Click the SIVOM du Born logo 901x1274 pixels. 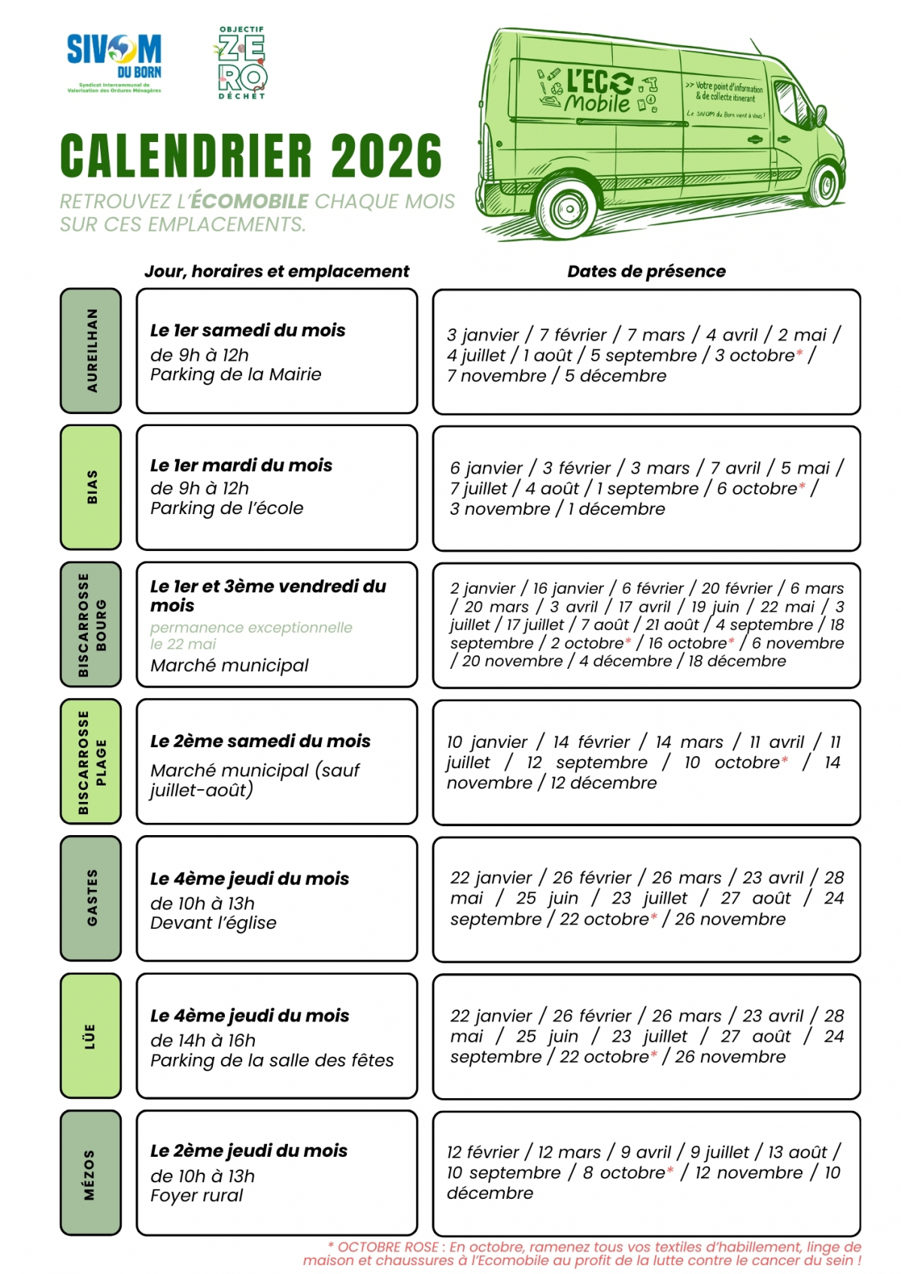(x=114, y=62)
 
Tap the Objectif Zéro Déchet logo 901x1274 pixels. (x=241, y=63)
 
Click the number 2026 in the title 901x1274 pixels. (x=386, y=156)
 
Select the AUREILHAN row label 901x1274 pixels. (x=91, y=350)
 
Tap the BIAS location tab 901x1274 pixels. (x=91, y=487)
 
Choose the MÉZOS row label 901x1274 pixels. (x=91, y=1173)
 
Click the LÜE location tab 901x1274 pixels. (x=91, y=1036)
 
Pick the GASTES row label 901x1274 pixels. (x=91, y=898)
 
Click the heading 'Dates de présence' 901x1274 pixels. (x=646, y=271)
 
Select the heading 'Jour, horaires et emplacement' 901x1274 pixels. (x=277, y=271)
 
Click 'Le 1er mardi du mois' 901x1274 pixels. (x=241, y=465)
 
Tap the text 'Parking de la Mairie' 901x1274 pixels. (x=235, y=374)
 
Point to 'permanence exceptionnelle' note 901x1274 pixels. (x=251, y=628)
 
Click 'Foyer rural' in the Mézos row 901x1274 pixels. (x=196, y=1195)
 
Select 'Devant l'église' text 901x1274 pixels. (x=213, y=923)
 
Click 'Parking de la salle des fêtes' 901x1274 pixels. (x=272, y=1061)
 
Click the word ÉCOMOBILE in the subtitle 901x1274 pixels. (x=250, y=201)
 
